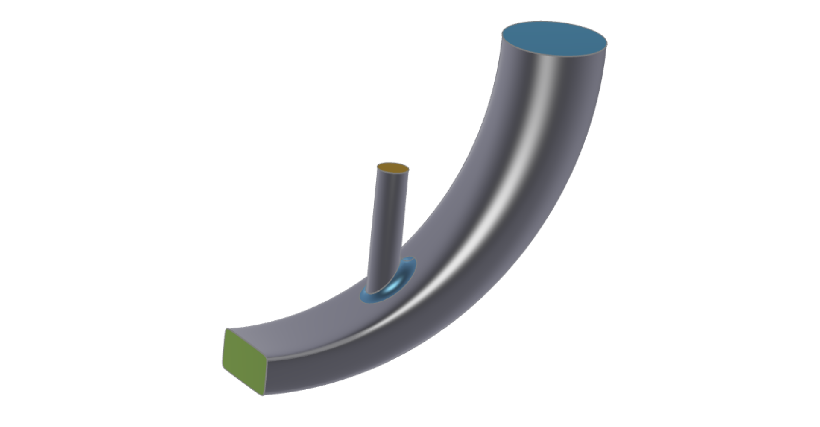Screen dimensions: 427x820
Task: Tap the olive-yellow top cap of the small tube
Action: (393, 168)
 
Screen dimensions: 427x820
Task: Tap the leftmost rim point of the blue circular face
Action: (502, 32)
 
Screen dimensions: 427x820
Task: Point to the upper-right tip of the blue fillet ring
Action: (413, 259)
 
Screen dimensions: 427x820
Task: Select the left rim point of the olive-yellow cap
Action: (378, 167)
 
